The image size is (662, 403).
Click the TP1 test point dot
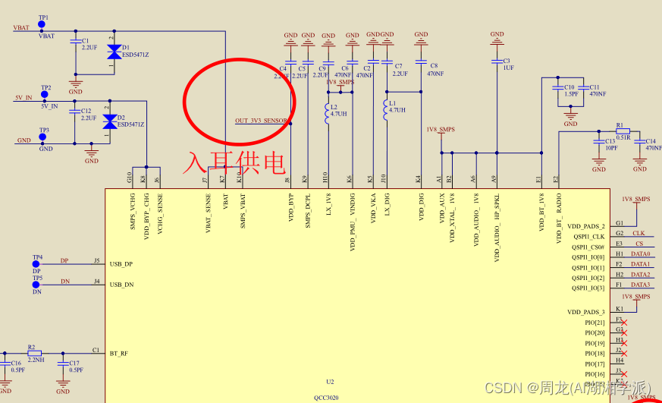click(42, 25)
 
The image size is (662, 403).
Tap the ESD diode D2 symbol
click(110, 121)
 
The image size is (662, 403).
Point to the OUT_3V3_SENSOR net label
click(261, 121)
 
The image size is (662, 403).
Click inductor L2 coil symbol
click(328, 115)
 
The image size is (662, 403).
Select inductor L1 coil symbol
click(386, 104)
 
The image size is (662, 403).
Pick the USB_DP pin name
click(121, 263)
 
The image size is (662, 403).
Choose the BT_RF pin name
click(118, 354)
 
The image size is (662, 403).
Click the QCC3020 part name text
click(326, 397)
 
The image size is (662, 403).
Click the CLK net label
click(638, 233)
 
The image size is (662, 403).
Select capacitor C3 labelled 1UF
click(497, 61)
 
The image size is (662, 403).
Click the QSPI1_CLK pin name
click(588, 237)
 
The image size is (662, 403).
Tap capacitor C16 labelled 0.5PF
click(6, 363)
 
